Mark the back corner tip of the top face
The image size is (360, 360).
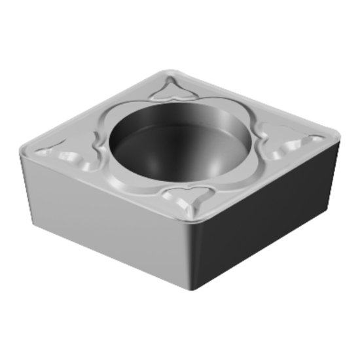[162, 70]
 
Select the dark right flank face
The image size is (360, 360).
[262, 216]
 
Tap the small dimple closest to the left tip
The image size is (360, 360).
[44, 152]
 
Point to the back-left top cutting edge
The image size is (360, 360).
[92, 108]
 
